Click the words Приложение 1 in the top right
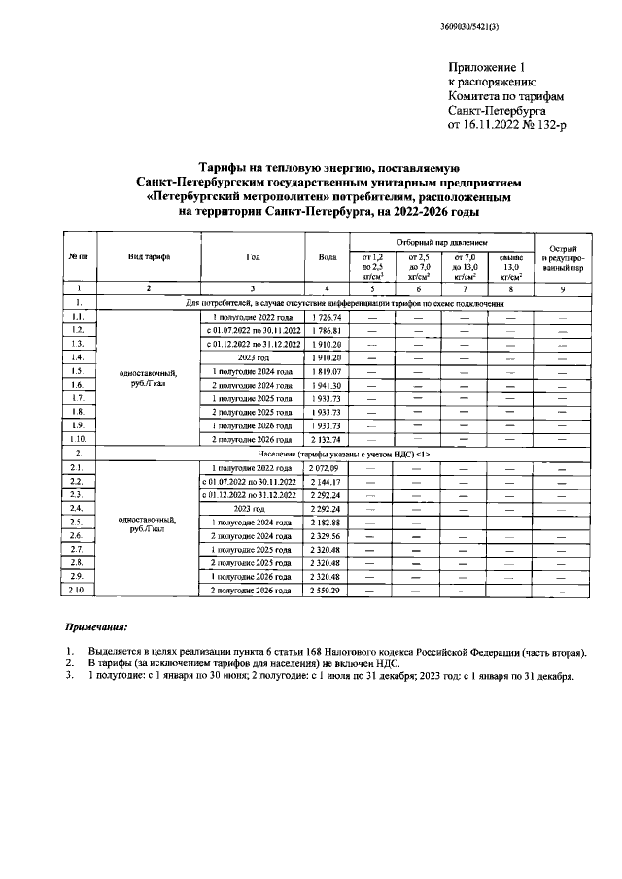pyautogui.click(x=486, y=67)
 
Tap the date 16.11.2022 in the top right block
pyautogui.click(x=501, y=125)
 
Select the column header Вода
pyautogui.click(x=327, y=256)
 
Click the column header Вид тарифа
pyautogui.click(x=149, y=256)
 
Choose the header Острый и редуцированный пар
pyautogui.click(x=564, y=256)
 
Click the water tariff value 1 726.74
pyautogui.click(x=326, y=318)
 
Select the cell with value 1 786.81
pyautogui.click(x=326, y=331)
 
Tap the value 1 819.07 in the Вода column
pyautogui.click(x=326, y=372)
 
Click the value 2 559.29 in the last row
pyautogui.click(x=326, y=590)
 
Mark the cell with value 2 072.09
pyautogui.click(x=326, y=468)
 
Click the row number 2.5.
pyautogui.click(x=78, y=523)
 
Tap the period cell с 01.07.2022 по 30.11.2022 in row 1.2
pyautogui.click(x=253, y=331)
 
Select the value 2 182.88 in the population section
pyautogui.click(x=326, y=523)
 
